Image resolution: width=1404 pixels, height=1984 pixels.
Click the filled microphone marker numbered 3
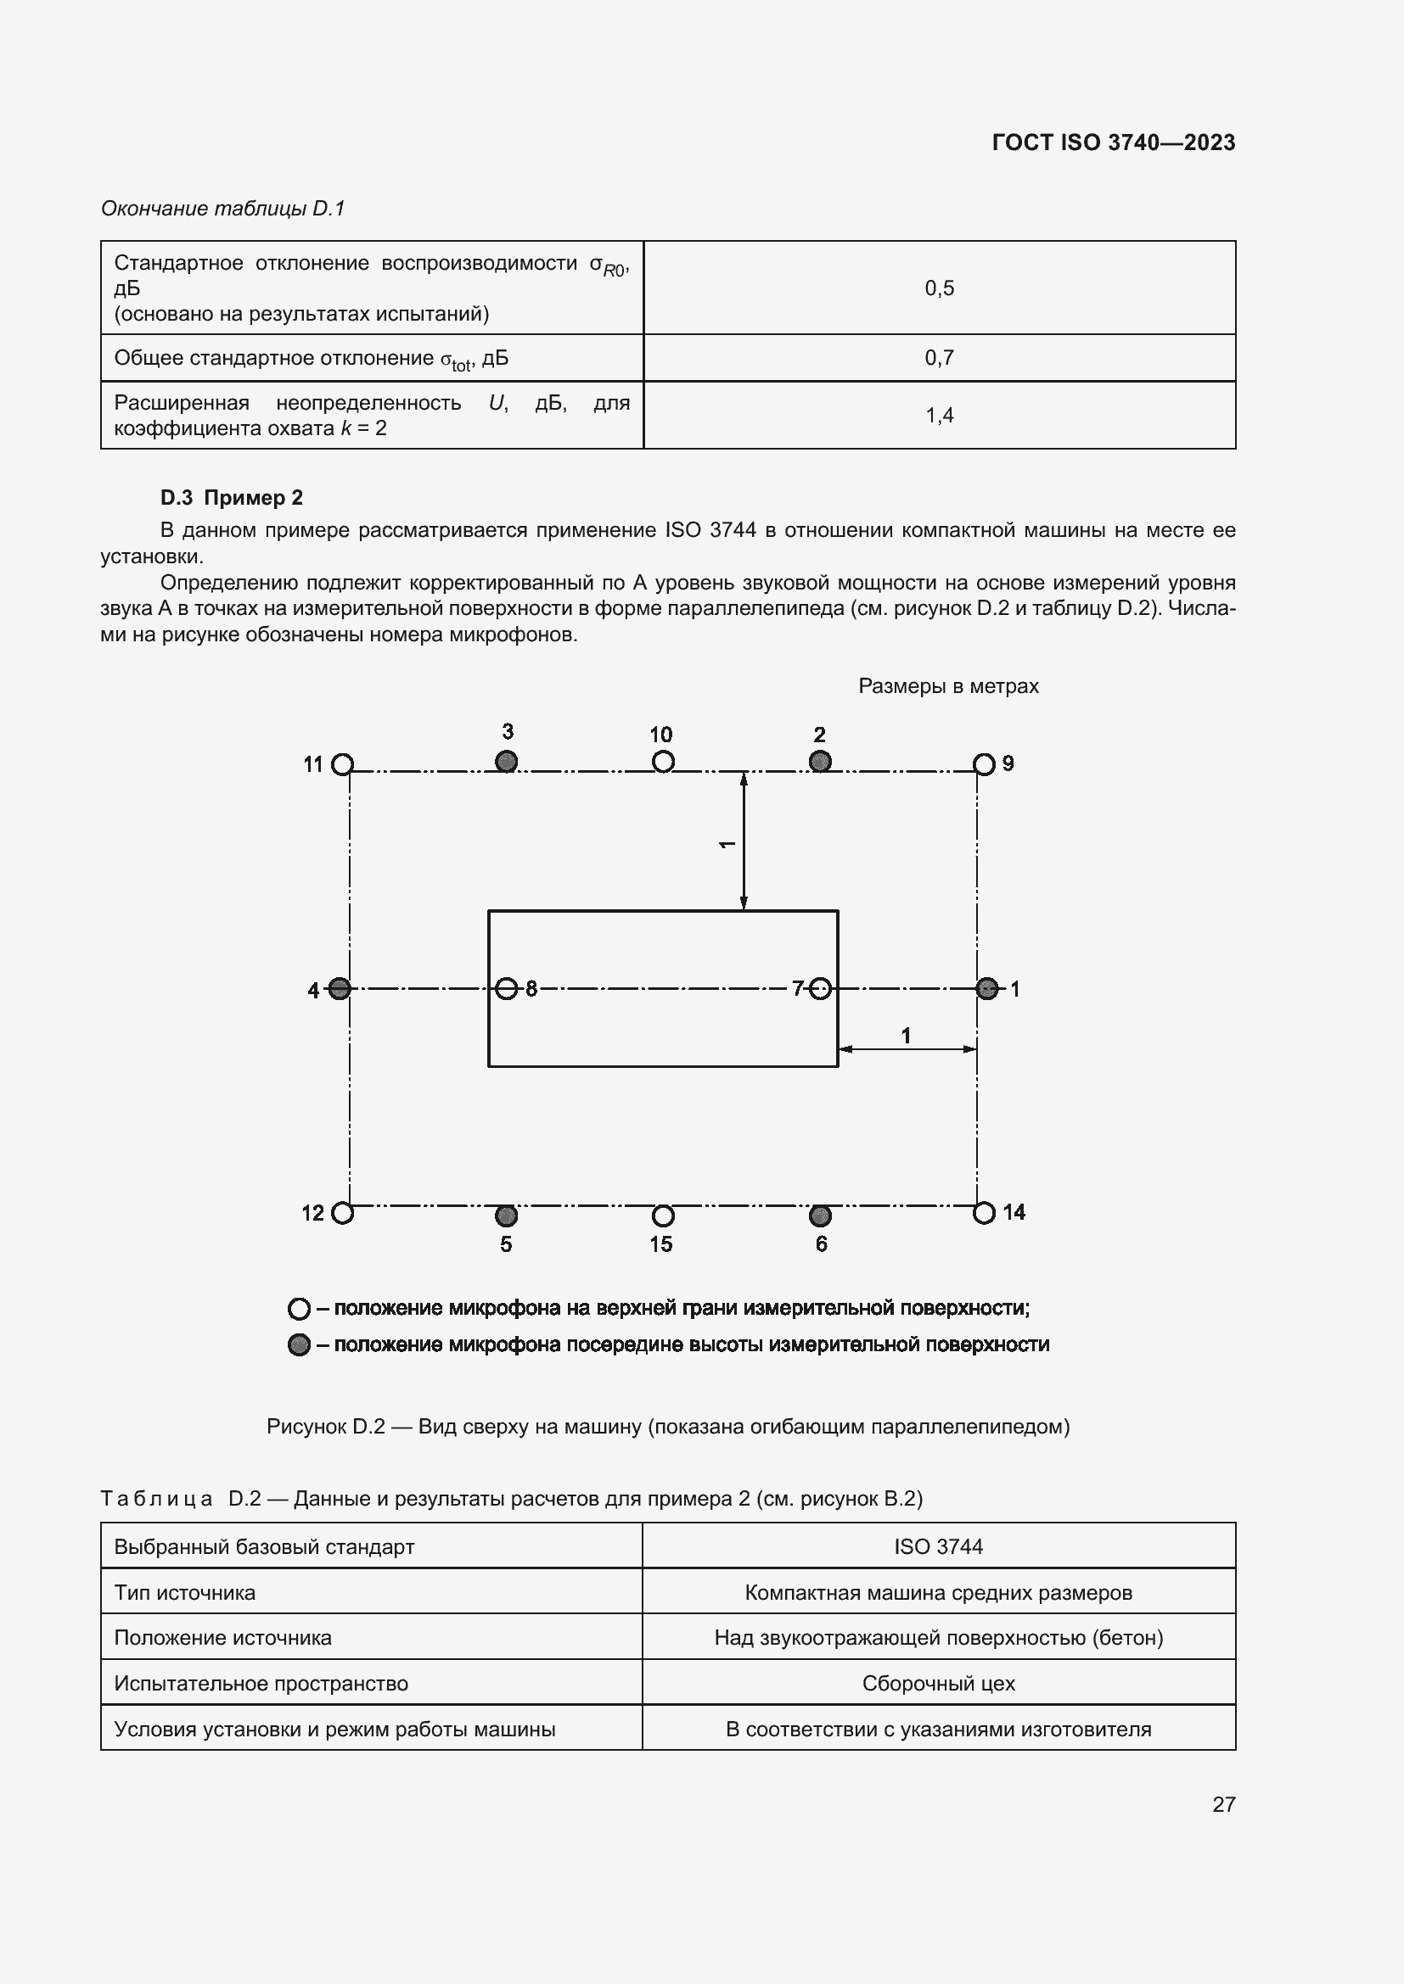506,761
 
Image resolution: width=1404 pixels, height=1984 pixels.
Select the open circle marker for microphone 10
663,761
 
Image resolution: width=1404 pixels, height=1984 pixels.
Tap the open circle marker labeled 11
343,765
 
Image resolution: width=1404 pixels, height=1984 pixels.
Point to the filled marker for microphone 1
986,988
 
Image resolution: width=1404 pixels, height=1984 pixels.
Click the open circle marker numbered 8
508,988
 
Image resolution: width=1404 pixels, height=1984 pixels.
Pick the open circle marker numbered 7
821,988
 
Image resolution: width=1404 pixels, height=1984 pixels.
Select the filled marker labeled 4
340,988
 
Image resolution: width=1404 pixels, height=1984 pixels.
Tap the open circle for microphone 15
663,1216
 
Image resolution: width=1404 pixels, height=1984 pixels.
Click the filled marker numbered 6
820,1216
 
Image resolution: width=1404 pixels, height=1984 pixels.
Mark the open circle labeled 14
984,1213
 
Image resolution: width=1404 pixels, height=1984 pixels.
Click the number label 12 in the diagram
313,1213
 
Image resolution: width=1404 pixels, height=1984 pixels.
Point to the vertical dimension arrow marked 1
744,841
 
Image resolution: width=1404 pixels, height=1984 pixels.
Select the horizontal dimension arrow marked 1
907,1049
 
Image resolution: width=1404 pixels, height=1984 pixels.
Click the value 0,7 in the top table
939,358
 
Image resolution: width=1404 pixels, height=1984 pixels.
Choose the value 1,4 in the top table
939,416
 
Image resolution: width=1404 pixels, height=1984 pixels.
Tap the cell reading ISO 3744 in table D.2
938,1547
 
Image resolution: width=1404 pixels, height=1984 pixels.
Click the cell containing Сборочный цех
938,1683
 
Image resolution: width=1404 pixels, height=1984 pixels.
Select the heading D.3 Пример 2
232,498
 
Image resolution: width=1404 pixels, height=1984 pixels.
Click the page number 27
1223,1804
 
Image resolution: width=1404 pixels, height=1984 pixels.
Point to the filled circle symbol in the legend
299,1344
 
